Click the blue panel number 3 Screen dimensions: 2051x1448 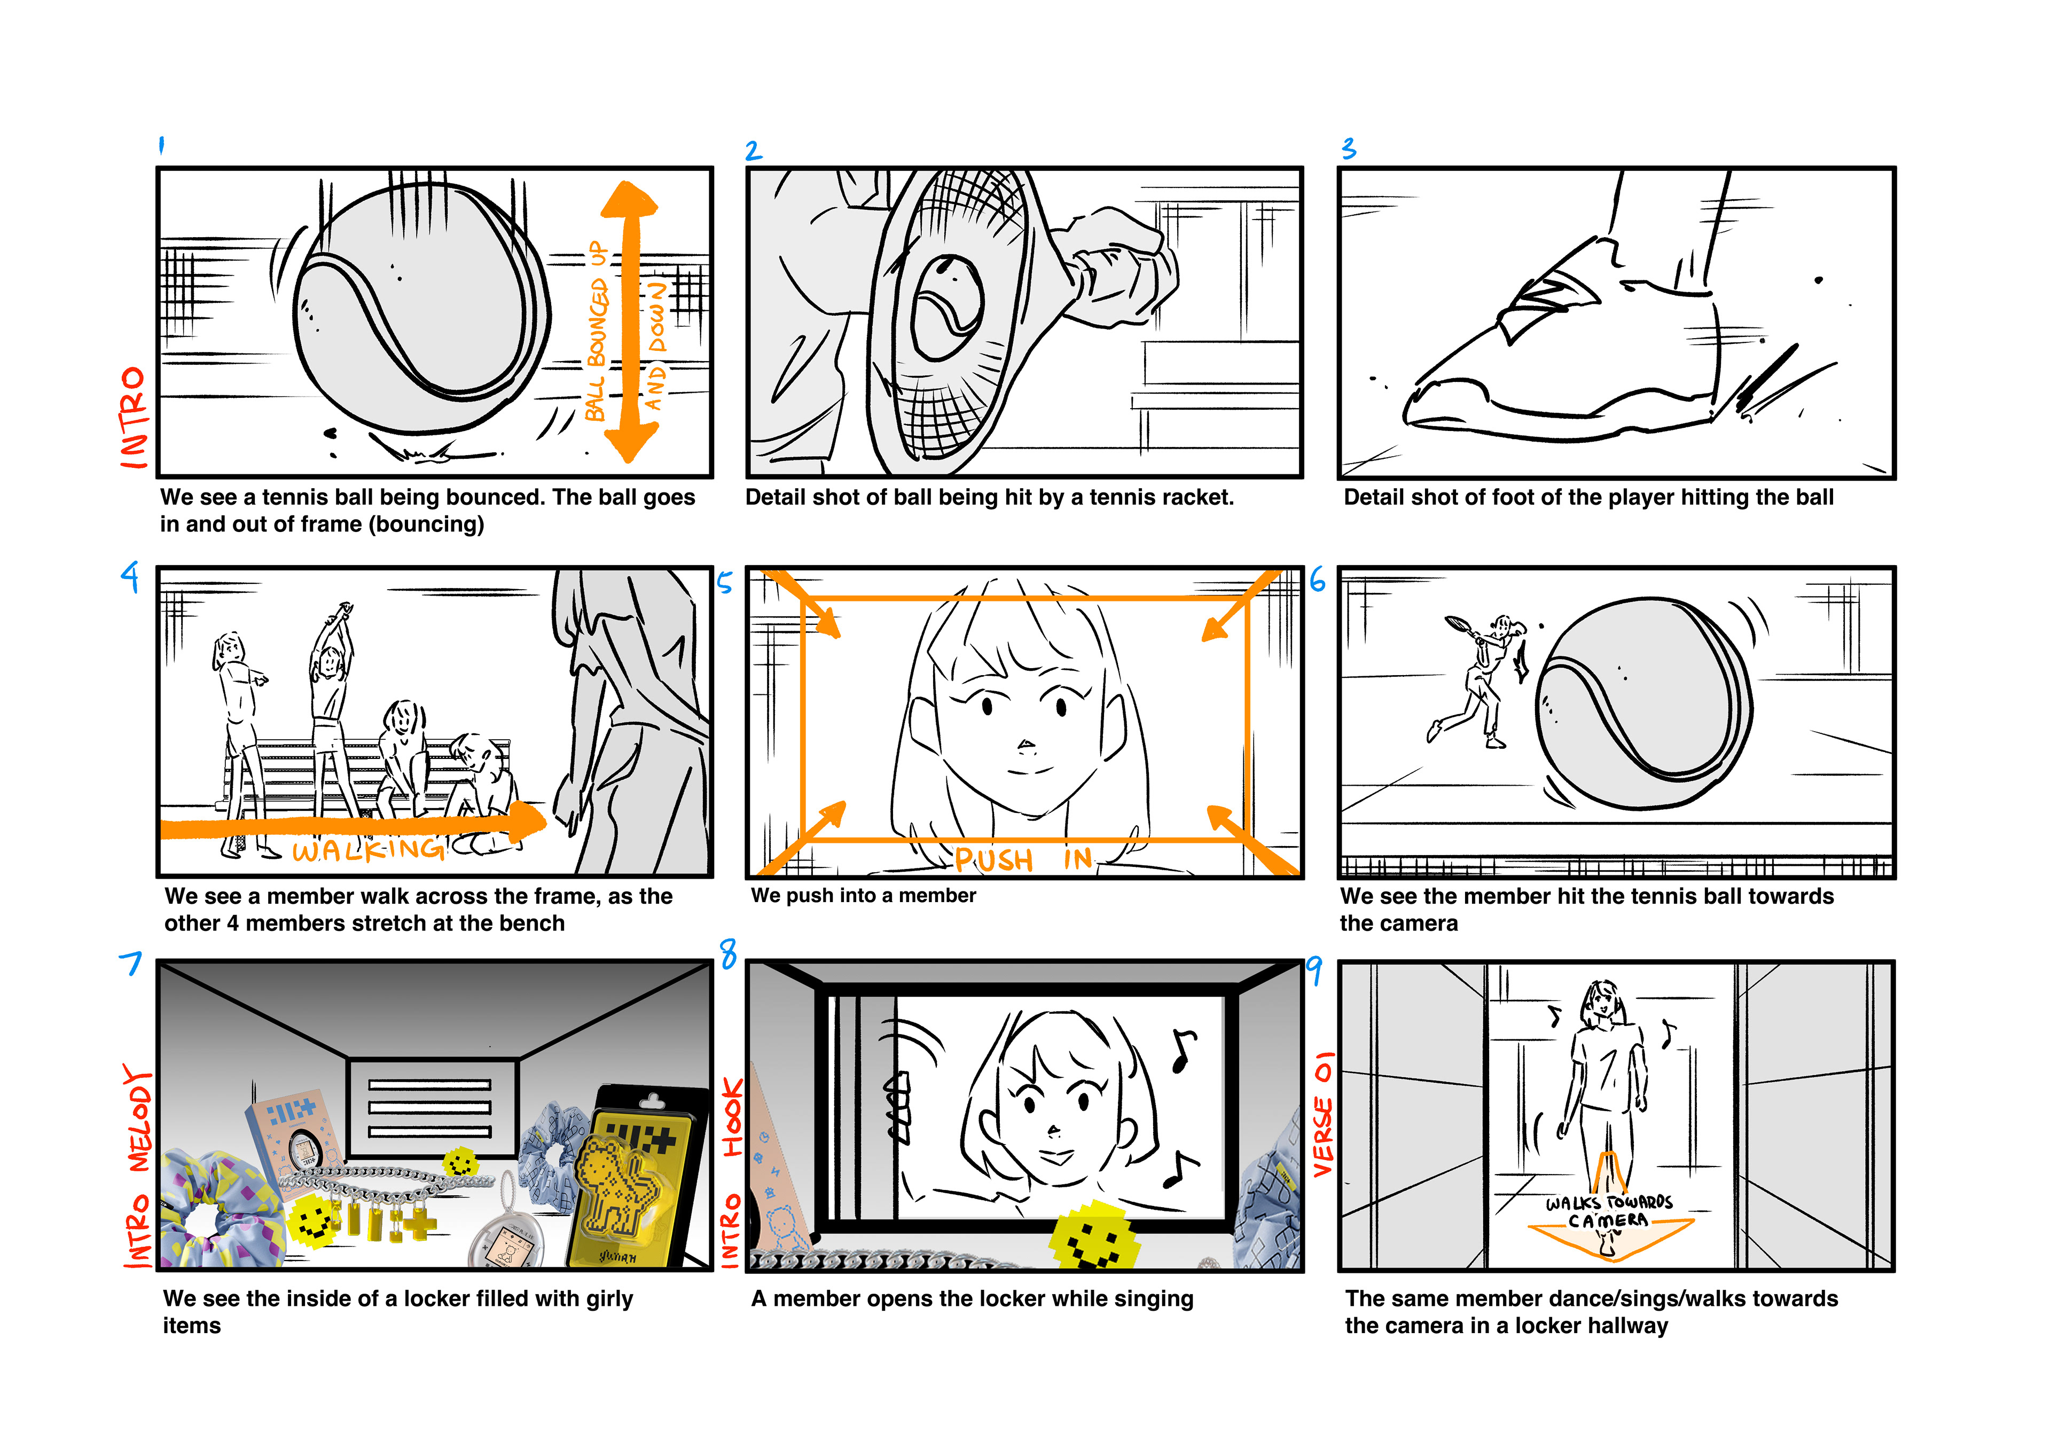[x=1349, y=148]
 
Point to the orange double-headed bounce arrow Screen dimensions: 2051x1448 [x=630, y=322]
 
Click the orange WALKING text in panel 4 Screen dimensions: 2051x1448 [x=368, y=849]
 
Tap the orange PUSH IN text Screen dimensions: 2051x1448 [x=1023, y=859]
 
